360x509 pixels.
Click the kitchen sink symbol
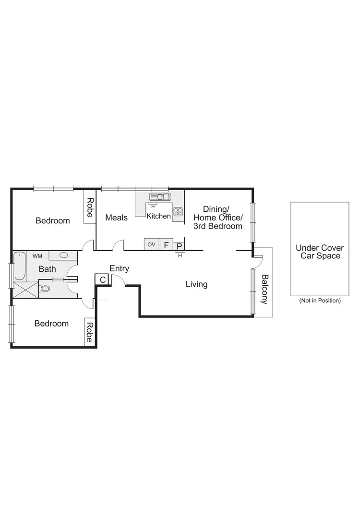point(160,196)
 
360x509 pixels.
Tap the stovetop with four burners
point(178,211)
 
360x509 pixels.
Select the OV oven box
point(151,245)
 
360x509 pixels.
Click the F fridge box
point(166,245)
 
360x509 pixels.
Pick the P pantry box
point(179,246)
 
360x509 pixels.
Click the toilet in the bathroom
point(46,289)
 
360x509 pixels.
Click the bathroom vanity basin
point(63,255)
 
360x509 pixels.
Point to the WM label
point(37,256)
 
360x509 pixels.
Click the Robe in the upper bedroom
point(89,207)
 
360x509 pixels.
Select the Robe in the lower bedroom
point(89,331)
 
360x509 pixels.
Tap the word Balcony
point(264,289)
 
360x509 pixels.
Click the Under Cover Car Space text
point(319,252)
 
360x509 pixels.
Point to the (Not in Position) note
point(319,301)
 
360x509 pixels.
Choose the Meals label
point(116,218)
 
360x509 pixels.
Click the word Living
point(196,284)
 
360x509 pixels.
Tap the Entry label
point(119,269)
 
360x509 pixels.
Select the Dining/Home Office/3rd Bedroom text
point(218,218)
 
